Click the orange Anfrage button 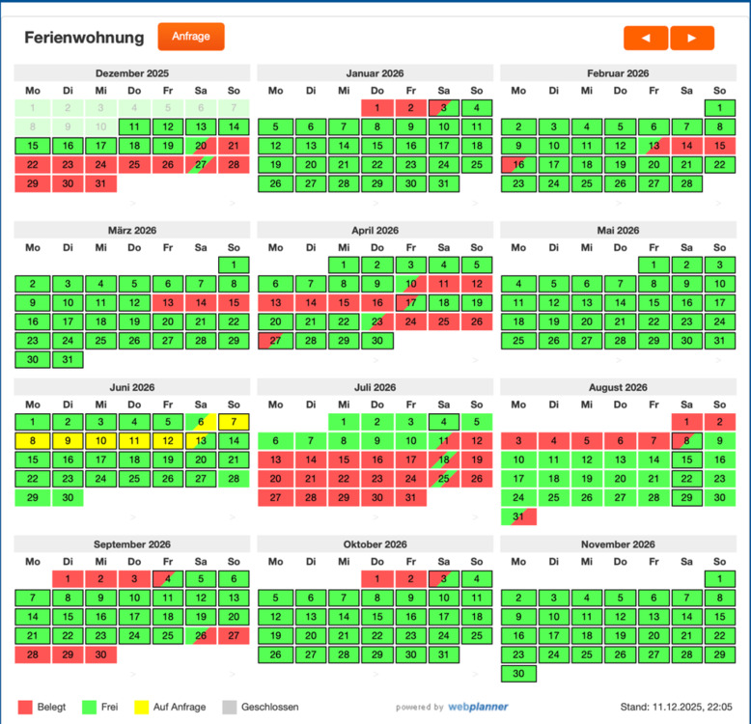[191, 37]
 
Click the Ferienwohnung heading [84, 39]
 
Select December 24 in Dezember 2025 [100, 164]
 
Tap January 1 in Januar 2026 [377, 108]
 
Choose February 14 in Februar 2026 [686, 146]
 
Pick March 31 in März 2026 [67, 359]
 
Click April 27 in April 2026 [276, 341]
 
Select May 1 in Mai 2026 [654, 265]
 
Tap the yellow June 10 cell [100, 441]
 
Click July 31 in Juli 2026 [410, 497]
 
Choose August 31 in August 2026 [518, 516]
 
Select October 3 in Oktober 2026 [443, 579]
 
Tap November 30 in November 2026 [518, 674]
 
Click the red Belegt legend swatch [25, 707]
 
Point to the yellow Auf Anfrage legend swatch [141, 707]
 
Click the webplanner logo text [478, 707]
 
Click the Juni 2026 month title [132, 388]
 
